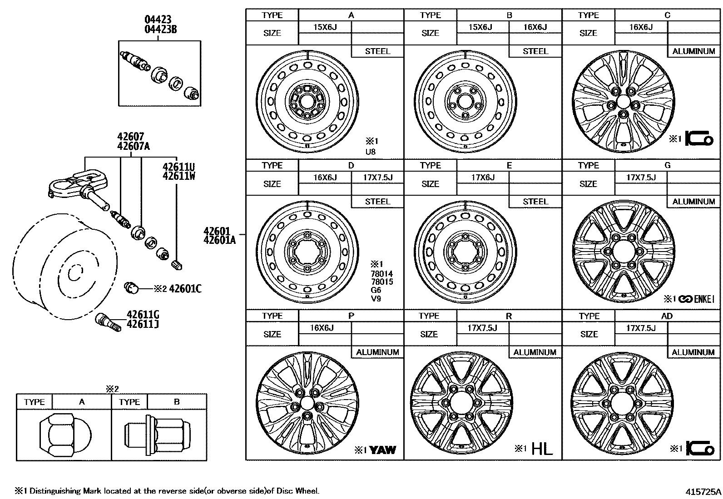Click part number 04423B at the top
(160, 30)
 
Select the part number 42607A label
(133, 146)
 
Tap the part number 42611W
(178, 176)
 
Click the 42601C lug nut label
(185, 288)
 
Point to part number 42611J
(143, 324)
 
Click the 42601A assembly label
(219, 240)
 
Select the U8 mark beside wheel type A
(371, 152)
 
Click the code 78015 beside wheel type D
(381, 282)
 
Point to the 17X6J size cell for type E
(483, 178)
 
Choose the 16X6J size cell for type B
(535, 27)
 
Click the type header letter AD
(667, 316)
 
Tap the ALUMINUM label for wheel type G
(693, 202)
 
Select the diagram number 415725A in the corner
(703, 491)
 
